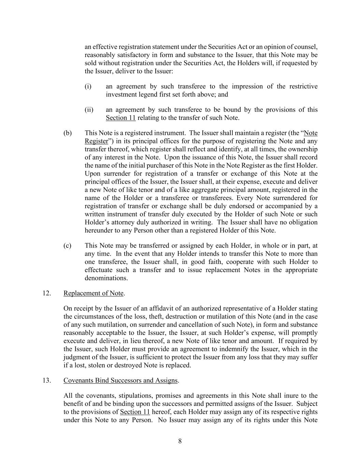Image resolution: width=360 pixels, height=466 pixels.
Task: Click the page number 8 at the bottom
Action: (180, 441)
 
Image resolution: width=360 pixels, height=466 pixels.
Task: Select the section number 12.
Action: (47, 293)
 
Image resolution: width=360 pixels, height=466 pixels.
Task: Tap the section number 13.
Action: (47, 380)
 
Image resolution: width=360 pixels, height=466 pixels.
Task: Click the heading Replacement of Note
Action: (93, 293)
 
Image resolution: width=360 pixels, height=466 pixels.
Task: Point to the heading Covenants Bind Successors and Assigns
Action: (120, 380)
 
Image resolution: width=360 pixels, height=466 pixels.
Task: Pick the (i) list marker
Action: (88, 86)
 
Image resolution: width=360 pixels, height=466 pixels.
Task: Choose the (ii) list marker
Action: (89, 110)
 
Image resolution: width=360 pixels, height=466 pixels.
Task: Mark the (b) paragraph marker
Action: (68, 133)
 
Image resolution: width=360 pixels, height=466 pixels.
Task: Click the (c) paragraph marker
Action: (67, 245)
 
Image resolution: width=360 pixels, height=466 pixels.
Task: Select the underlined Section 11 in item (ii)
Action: (120, 118)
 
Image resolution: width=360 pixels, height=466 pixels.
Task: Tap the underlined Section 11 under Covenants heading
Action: (135, 412)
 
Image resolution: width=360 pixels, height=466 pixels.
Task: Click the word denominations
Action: (106, 278)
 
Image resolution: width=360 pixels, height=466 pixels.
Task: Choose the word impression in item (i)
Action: (247, 86)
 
